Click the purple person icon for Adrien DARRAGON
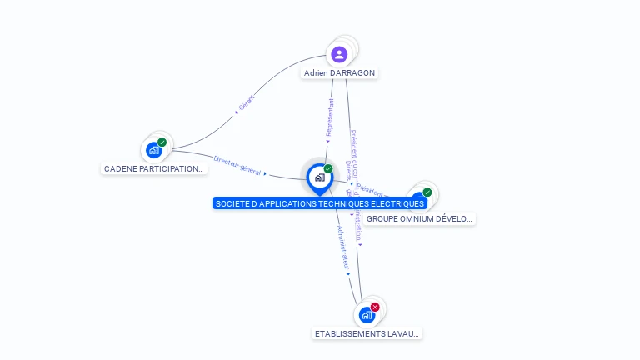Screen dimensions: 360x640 (x=339, y=54)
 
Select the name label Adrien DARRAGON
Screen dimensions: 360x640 (x=339, y=73)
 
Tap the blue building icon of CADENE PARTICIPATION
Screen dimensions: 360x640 (x=154, y=150)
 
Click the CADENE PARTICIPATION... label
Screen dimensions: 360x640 (x=154, y=169)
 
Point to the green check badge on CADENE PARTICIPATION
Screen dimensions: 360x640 (x=162, y=142)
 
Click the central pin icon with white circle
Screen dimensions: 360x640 (x=319, y=177)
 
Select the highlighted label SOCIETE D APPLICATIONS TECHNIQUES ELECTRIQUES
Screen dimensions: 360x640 (x=320, y=203)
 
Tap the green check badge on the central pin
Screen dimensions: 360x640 (x=328, y=169)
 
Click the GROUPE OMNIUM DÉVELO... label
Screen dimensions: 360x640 (x=420, y=219)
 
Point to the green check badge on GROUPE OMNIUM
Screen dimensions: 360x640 (x=427, y=192)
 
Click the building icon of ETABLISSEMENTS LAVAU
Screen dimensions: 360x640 (x=367, y=315)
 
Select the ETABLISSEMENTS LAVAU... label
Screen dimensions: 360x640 (x=367, y=334)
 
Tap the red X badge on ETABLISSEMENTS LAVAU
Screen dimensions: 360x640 (x=375, y=307)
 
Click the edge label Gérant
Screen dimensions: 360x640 (x=247, y=102)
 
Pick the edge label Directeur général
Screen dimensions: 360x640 (x=237, y=164)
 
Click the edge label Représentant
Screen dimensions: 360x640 (x=330, y=117)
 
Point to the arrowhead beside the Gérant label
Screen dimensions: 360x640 (x=237, y=112)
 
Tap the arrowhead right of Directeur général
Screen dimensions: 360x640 (x=266, y=173)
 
